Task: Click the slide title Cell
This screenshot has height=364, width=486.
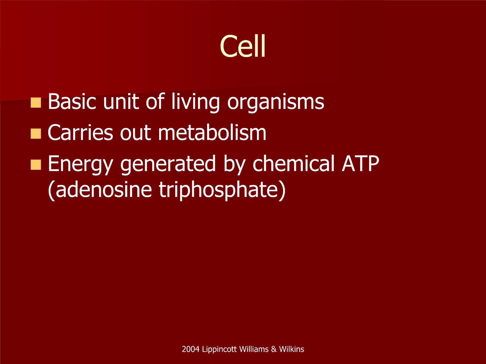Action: (243, 46)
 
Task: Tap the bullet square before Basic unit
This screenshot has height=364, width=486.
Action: (36, 103)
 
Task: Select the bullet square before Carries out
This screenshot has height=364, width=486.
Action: (36, 133)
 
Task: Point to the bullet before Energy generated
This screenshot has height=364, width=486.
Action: (36, 165)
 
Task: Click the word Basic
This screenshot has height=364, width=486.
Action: (72, 101)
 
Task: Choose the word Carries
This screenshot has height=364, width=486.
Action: (80, 132)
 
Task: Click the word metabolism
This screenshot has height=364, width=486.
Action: (212, 132)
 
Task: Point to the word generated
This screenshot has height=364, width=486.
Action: (168, 165)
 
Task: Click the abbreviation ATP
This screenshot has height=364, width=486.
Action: (361, 163)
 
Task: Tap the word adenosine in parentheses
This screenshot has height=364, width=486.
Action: (100, 190)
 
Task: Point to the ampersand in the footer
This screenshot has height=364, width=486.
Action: (274, 349)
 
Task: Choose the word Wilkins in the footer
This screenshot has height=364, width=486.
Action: (291, 349)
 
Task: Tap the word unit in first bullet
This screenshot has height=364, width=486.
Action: (121, 101)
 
